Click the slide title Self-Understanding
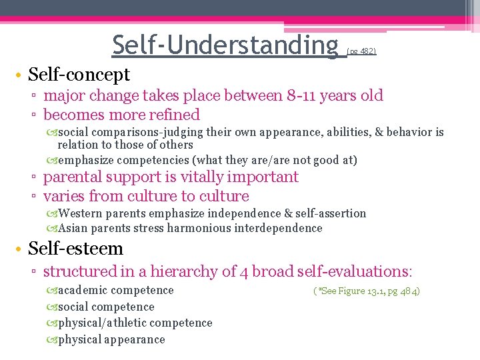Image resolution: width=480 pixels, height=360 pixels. coord(225,45)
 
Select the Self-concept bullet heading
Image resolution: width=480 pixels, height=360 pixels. coord(79,74)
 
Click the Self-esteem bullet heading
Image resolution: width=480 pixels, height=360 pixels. coord(75,249)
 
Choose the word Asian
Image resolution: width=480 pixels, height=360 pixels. coord(73,228)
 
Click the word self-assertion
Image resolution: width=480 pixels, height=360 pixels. coord(331,213)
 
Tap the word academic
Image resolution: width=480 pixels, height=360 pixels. coord(83,290)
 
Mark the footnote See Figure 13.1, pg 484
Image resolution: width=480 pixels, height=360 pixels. coord(366,291)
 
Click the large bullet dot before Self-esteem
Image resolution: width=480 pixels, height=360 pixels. coord(20,249)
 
